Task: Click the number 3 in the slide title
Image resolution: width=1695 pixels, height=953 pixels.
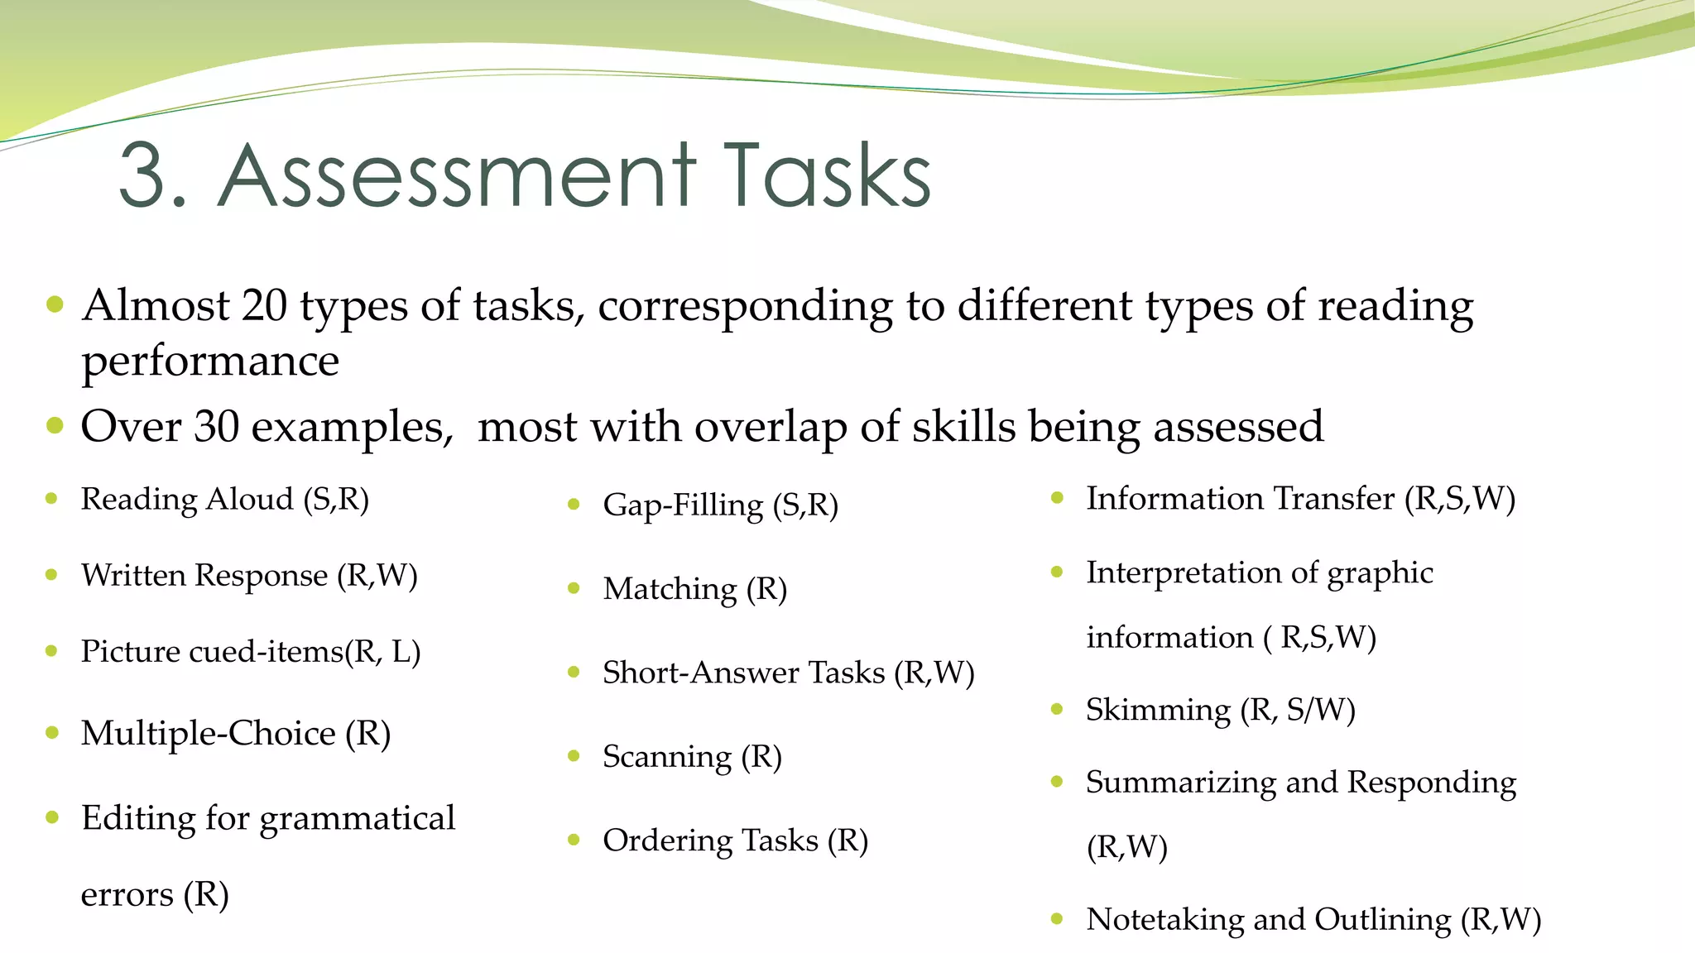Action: click(149, 175)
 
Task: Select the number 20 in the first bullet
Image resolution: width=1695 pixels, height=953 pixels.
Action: click(264, 305)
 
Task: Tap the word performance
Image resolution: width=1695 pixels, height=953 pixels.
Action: click(210, 362)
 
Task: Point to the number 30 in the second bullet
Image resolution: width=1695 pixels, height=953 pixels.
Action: click(216, 427)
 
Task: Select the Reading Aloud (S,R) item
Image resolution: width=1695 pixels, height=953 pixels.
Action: click(224, 499)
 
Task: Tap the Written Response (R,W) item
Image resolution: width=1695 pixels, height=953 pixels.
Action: click(248, 575)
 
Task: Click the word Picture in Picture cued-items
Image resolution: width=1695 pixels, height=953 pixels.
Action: click(130, 651)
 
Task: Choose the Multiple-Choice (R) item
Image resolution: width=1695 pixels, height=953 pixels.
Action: click(235, 733)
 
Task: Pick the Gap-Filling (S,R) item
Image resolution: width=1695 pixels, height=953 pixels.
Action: click(720, 505)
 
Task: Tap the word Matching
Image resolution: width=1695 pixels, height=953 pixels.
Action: click(670, 589)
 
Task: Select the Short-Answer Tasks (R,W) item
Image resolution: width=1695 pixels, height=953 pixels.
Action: click(788, 673)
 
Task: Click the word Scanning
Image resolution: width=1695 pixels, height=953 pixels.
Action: click(667, 757)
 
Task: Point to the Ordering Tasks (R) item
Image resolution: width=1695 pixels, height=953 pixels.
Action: click(735, 840)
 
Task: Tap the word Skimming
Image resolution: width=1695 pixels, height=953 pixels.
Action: click(1158, 710)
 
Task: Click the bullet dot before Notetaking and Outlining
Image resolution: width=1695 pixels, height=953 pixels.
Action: click(1057, 918)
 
